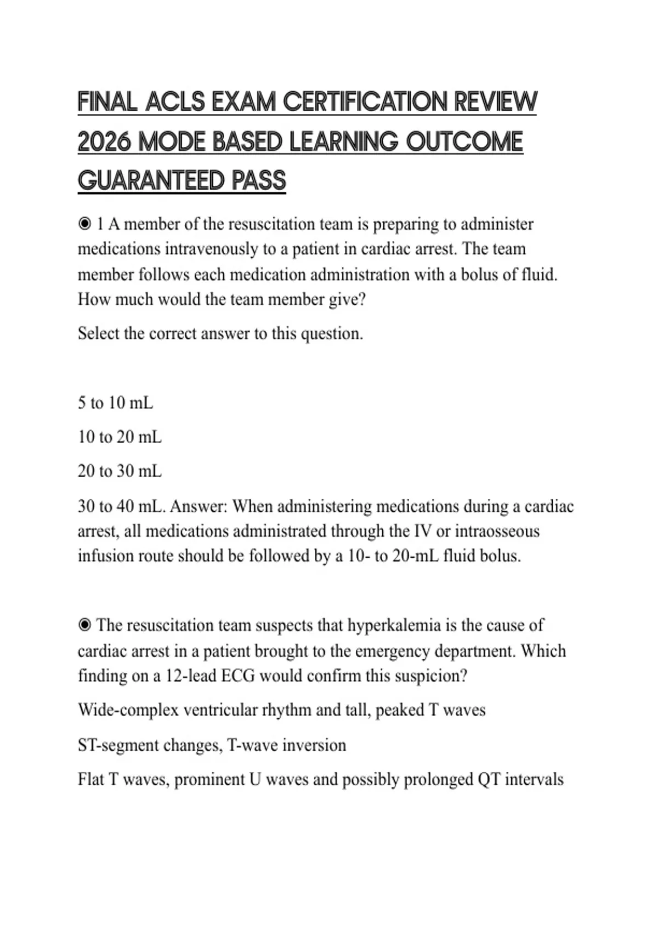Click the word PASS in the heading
coord(259,181)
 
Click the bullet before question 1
coord(84,224)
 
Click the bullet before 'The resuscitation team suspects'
coord(84,626)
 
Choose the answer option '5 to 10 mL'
coord(115,404)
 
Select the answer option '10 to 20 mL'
coord(120,437)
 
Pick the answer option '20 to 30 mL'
coord(120,471)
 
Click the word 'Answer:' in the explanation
coord(198,506)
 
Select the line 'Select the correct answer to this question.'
coord(220,333)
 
